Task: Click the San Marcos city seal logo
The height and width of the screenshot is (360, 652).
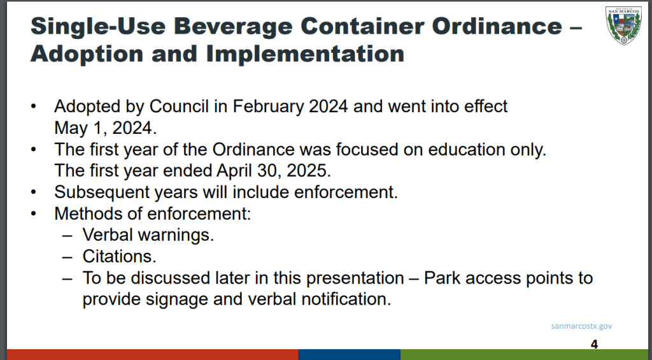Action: [x=623, y=25]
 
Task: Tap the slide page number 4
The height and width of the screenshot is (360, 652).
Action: [x=594, y=344]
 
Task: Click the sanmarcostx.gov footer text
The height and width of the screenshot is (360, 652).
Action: [x=581, y=326]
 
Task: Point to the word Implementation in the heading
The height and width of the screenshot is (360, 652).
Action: [x=305, y=54]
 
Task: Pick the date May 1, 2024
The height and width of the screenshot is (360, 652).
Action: [x=106, y=128]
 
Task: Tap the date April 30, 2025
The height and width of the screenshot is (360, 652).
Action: [x=274, y=171]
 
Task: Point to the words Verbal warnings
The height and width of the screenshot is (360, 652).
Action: [x=148, y=234]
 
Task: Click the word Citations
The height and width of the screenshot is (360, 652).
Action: [x=119, y=256]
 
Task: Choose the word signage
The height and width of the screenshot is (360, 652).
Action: [x=177, y=299]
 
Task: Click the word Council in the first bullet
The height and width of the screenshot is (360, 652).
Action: [x=179, y=106]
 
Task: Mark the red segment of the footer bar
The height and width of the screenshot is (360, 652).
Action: [x=153, y=355]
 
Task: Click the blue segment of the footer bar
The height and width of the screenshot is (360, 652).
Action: [x=350, y=355]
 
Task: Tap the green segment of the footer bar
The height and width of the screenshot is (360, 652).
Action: [x=524, y=355]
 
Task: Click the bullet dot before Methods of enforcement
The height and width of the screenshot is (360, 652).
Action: [x=34, y=213]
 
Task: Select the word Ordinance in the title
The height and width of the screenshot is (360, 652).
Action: [x=497, y=25]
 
